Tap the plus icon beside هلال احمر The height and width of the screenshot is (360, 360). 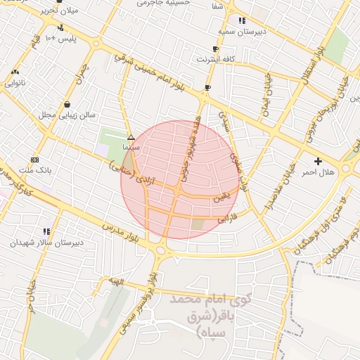point(319,161)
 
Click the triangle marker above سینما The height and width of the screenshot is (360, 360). point(131,137)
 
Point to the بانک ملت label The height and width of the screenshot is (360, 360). point(35,170)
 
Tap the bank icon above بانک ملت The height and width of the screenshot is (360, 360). point(35,160)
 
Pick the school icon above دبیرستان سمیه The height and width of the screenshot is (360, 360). point(242,20)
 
